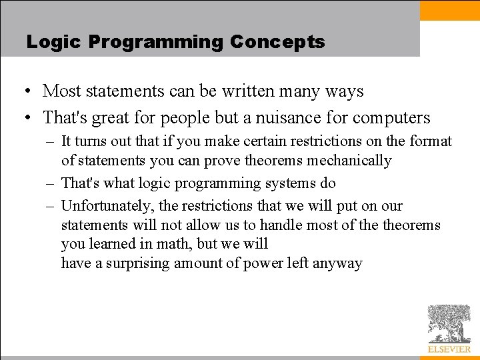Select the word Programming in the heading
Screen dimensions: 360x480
pyautogui.click(x=155, y=42)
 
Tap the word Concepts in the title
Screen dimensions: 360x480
pyautogui.click(x=277, y=42)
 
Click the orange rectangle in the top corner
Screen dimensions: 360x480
pyautogui.click(x=450, y=10)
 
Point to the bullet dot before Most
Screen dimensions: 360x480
pyautogui.click(x=25, y=91)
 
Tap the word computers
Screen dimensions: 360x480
pyautogui.click(x=391, y=118)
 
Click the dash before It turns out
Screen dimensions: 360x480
pyautogui.click(x=51, y=141)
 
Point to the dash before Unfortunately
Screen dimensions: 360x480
pyautogui.click(x=51, y=206)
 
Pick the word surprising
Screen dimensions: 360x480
pyautogui.click(x=137, y=263)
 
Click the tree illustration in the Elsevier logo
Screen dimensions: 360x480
pyautogui.click(x=449, y=323)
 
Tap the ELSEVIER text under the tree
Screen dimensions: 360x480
pyautogui.click(x=449, y=349)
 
